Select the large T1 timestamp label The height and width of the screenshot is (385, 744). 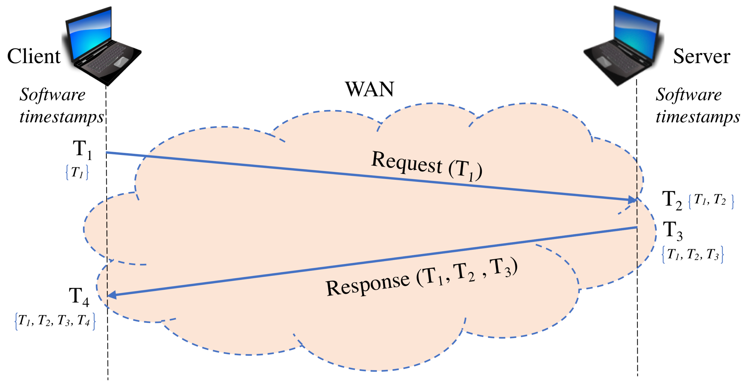[82, 150]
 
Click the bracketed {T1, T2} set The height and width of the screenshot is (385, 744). [711, 200]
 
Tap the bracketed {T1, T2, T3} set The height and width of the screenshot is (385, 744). [693, 254]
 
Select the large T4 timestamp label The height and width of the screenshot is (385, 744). [79, 296]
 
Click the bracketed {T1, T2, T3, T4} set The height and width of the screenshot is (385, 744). [55, 321]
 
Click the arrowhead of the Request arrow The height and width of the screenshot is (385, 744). [633, 200]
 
